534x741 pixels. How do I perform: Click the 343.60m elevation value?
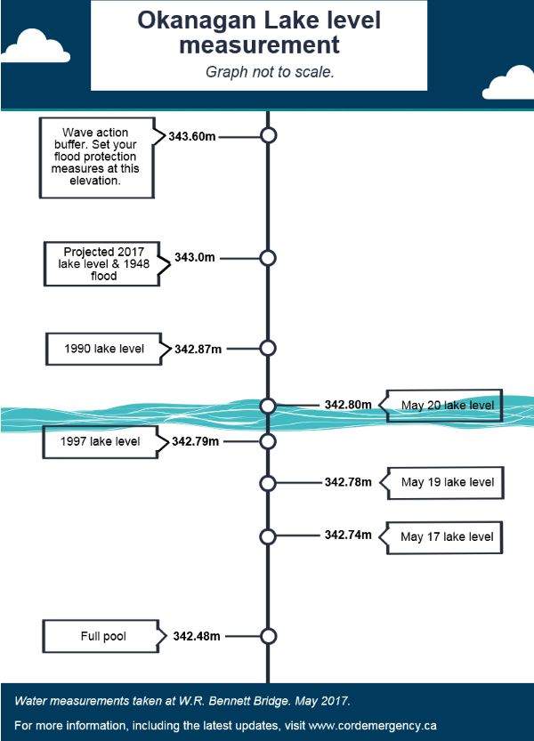(x=192, y=137)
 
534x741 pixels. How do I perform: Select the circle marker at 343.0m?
(x=268, y=258)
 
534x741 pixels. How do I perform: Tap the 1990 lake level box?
(x=104, y=349)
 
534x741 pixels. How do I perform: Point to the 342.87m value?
(x=198, y=350)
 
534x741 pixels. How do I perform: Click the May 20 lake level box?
(x=441, y=406)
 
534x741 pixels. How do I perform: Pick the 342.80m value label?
(x=348, y=405)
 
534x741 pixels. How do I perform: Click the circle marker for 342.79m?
(x=268, y=441)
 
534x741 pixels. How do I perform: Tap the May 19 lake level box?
(x=442, y=482)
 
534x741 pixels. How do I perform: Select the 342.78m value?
(x=348, y=482)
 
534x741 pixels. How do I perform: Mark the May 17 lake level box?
(x=441, y=537)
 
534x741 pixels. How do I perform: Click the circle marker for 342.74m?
(x=268, y=537)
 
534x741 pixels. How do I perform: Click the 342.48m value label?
(x=197, y=636)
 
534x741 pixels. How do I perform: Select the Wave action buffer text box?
(x=97, y=157)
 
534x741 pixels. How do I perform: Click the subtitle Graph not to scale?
(x=270, y=72)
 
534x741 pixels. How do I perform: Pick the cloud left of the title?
(x=36, y=46)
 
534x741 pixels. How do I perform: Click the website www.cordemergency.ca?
(x=372, y=725)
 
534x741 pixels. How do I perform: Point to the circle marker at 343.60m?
(x=268, y=135)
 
